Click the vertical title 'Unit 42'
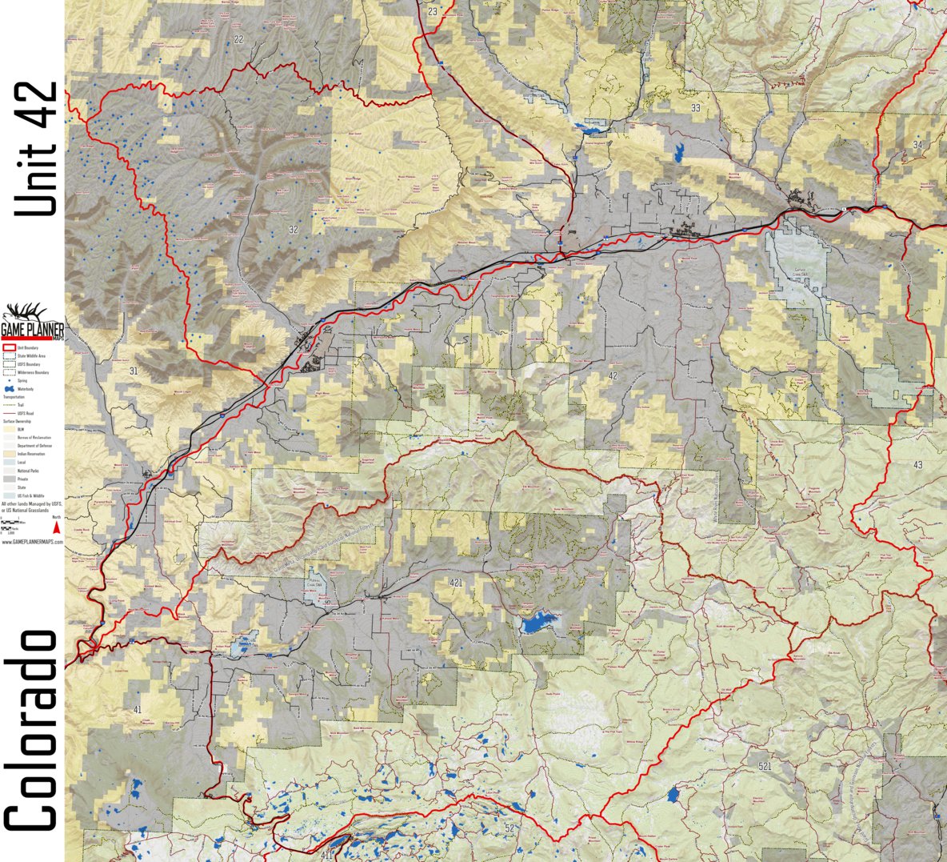point(37,149)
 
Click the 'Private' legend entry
point(21,479)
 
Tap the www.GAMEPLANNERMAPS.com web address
point(32,542)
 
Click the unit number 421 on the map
point(457,582)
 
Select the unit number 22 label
point(238,39)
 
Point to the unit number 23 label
point(433,11)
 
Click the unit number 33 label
point(696,108)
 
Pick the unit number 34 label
point(917,144)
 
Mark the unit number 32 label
point(294,231)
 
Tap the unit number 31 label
point(133,371)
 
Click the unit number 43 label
point(917,465)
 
